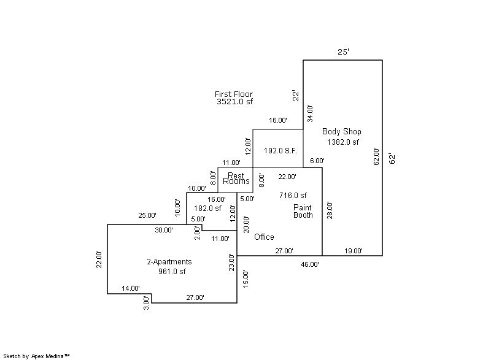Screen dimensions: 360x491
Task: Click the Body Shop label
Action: click(341, 131)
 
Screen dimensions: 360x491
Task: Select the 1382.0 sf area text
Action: click(342, 142)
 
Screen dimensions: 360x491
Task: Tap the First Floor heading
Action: click(233, 94)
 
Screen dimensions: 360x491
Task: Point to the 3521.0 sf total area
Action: click(234, 102)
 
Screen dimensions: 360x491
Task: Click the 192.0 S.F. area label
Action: click(280, 150)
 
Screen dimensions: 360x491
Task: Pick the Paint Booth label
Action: click(303, 212)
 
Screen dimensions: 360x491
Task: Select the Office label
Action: click(264, 237)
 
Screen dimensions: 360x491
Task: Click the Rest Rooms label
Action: click(236, 178)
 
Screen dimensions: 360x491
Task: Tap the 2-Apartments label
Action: click(169, 262)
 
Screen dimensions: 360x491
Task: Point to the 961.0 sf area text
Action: click(172, 272)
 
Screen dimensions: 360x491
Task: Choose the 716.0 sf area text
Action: click(293, 196)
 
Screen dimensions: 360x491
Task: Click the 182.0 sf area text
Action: click(207, 209)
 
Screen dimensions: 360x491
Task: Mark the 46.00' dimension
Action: click(309, 264)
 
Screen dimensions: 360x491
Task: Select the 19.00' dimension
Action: click(353, 251)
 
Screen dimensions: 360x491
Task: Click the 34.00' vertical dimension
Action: click(311, 114)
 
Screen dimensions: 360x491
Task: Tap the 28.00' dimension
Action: click(330, 211)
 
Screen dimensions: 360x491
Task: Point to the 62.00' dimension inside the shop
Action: click(376, 156)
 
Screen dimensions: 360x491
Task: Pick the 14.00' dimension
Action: click(130, 288)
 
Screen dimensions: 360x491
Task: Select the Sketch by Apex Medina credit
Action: click(36, 356)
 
